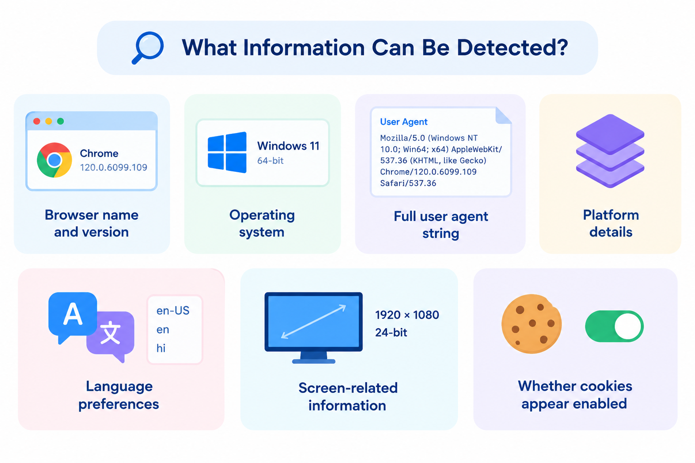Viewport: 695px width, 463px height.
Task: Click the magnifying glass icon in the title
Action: pyautogui.click(x=148, y=48)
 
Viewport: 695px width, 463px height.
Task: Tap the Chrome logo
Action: pyautogui.click(x=54, y=160)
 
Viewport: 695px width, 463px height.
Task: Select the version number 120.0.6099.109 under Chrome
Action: pyautogui.click(x=114, y=167)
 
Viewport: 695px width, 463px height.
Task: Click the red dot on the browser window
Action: pyautogui.click(x=37, y=121)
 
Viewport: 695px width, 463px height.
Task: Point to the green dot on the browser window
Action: pyautogui.click(x=61, y=121)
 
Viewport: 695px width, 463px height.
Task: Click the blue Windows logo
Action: pyautogui.click(x=227, y=152)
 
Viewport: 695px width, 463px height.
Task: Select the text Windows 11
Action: pyautogui.click(x=288, y=146)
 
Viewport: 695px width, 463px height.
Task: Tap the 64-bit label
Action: pyautogui.click(x=270, y=161)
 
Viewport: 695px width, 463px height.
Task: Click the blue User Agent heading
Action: pyautogui.click(x=404, y=122)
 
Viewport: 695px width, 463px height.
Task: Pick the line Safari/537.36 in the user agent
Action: pyautogui.click(x=408, y=183)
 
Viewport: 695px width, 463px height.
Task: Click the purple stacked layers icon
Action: pyautogui.click(x=610, y=151)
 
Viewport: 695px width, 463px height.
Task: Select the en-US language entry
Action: pyautogui.click(x=173, y=311)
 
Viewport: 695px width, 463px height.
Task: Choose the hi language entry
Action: pyautogui.click(x=161, y=348)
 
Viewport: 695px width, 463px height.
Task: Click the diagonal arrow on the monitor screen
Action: pyautogui.click(x=314, y=321)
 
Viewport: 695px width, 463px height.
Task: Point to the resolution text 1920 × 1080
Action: pyautogui.click(x=407, y=315)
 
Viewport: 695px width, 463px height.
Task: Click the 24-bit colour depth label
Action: pyautogui.click(x=391, y=332)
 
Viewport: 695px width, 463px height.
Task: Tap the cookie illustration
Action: pyautogui.click(x=532, y=324)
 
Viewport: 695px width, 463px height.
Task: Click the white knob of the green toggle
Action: pyautogui.click(x=628, y=326)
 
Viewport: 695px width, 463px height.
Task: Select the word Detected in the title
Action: pyautogui.click(x=512, y=47)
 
